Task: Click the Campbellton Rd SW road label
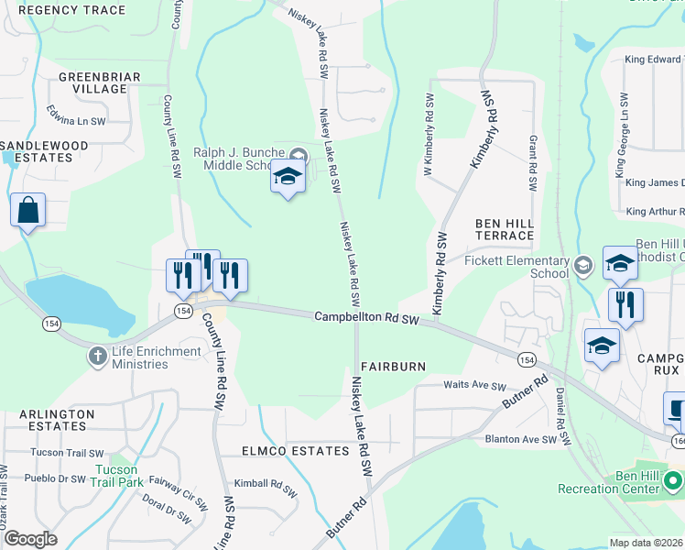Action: (366, 318)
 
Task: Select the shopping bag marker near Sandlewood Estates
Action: (28, 211)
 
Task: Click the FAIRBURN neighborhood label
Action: (393, 366)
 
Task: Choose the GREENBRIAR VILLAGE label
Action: (92, 82)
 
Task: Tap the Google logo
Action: (30, 538)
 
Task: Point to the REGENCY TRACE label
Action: (71, 10)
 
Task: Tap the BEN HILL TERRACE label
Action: (503, 229)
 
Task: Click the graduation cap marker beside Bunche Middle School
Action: (288, 178)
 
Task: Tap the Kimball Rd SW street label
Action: (266, 484)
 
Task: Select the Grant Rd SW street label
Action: (532, 163)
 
